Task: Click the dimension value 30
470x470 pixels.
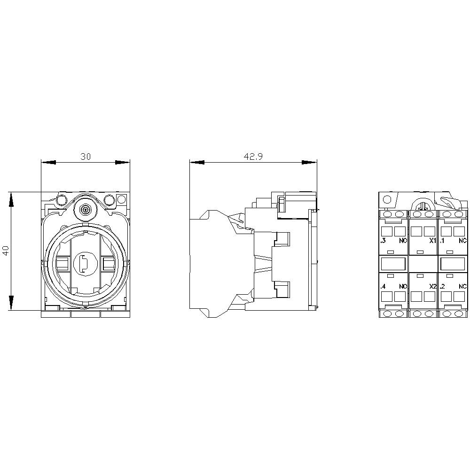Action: [x=86, y=156]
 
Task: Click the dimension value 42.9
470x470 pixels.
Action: [x=253, y=156]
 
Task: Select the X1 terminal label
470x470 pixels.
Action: [x=432, y=240]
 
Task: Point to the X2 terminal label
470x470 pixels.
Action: [x=432, y=286]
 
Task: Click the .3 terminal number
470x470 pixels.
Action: [x=383, y=240]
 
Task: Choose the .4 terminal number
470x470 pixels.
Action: [x=383, y=286]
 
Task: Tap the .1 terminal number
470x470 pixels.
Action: [x=442, y=240]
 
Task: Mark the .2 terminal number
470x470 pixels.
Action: [x=442, y=286]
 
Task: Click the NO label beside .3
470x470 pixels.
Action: [x=403, y=240]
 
